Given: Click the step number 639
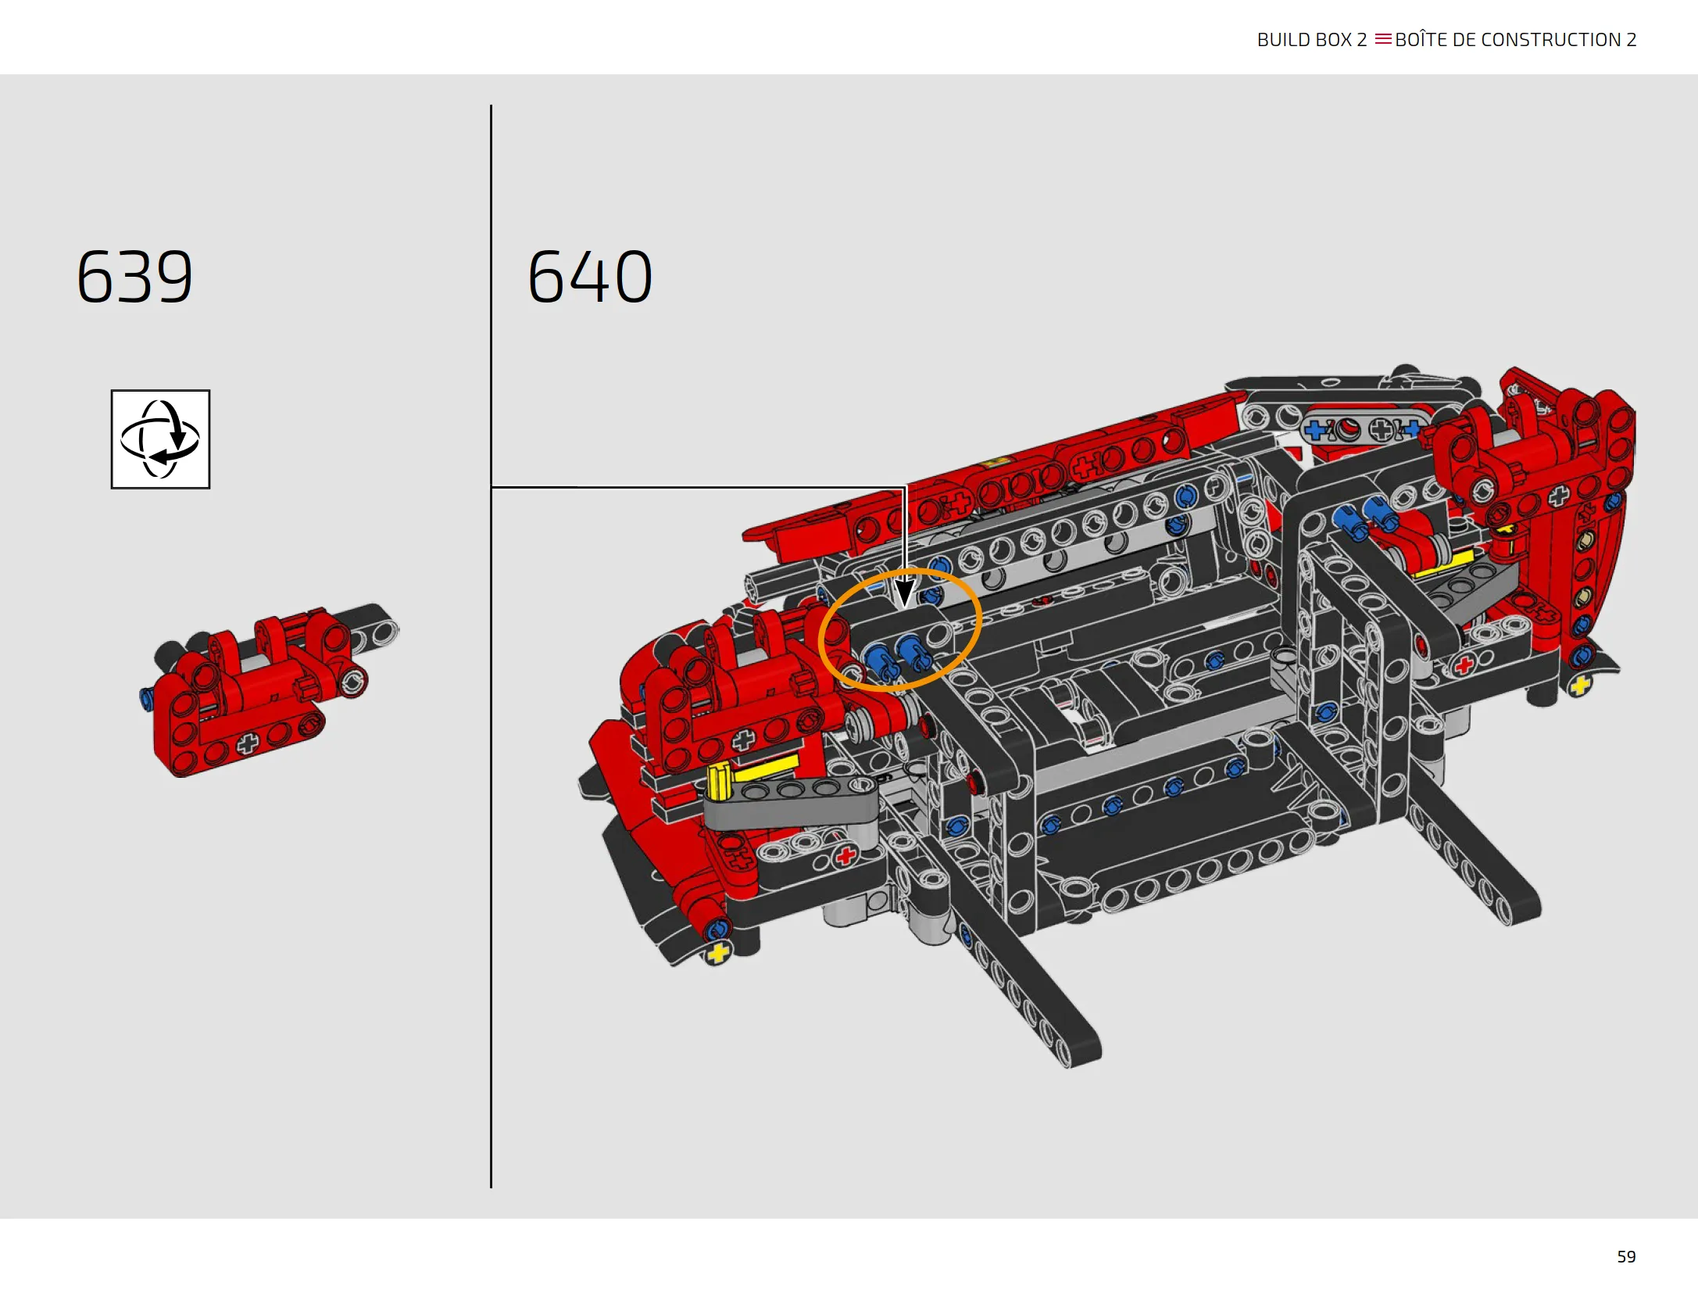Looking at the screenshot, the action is pyautogui.click(x=134, y=277).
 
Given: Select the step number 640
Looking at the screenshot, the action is pyautogui.click(x=590, y=277).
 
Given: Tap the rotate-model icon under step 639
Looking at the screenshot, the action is pyautogui.click(x=160, y=439).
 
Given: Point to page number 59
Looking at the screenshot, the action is pyautogui.click(x=1626, y=1256).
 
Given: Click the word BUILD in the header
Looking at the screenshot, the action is pyautogui.click(x=1283, y=40).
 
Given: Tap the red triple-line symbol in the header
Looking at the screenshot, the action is pyautogui.click(x=1383, y=39).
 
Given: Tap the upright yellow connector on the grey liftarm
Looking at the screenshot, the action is pyautogui.click(x=719, y=782).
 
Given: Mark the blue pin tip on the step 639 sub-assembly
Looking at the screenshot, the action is pyautogui.click(x=145, y=697).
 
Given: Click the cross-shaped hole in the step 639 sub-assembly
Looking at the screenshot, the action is pyautogui.click(x=248, y=743).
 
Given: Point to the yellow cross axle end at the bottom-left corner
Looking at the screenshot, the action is pyautogui.click(x=717, y=953).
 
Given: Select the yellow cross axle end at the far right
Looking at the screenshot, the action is pyautogui.click(x=1580, y=686).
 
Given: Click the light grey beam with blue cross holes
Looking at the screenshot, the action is pyautogui.click(x=1364, y=429).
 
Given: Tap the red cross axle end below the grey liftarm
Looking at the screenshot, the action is pyautogui.click(x=845, y=857).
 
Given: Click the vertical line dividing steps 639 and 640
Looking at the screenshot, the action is pyautogui.click(x=491, y=646).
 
